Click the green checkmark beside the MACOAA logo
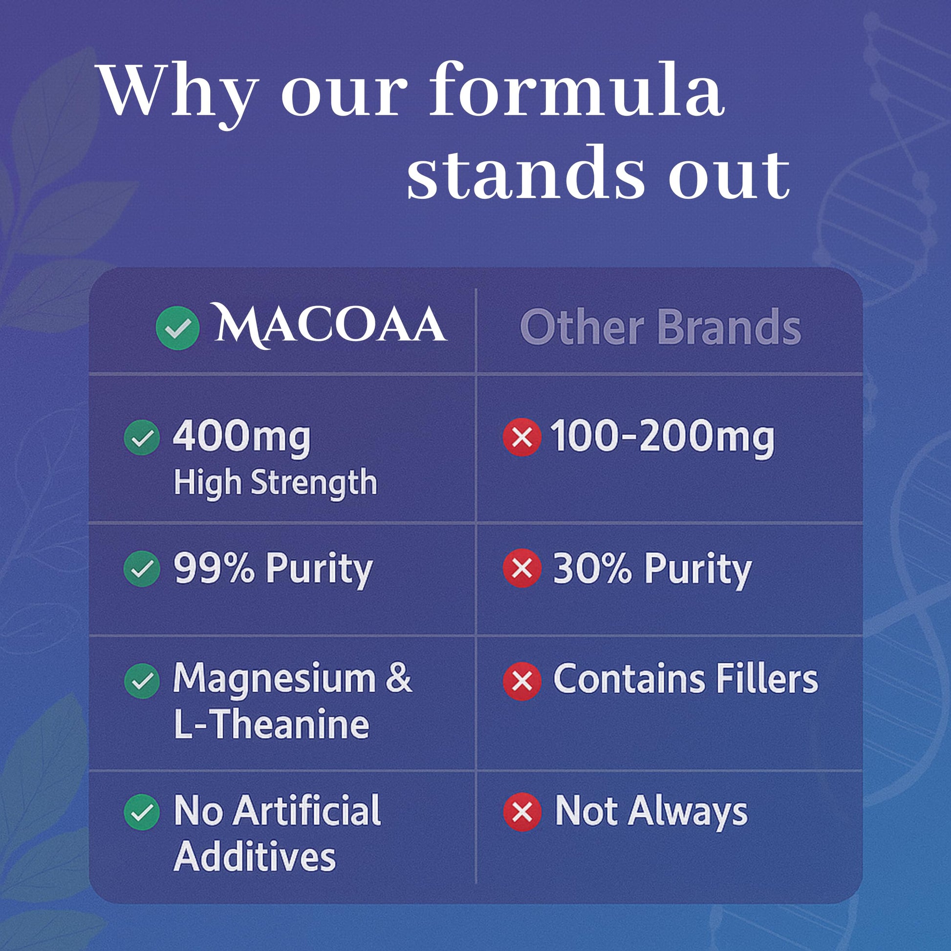tap(178, 328)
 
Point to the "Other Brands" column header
tap(661, 327)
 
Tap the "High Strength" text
tap(276, 483)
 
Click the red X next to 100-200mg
tap(522, 437)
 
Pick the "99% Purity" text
tap(273, 569)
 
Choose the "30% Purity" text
tap(653, 569)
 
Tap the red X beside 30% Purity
tap(522, 568)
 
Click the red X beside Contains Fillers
tap(522, 681)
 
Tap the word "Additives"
tap(255, 858)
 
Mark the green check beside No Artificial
tap(142, 812)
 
